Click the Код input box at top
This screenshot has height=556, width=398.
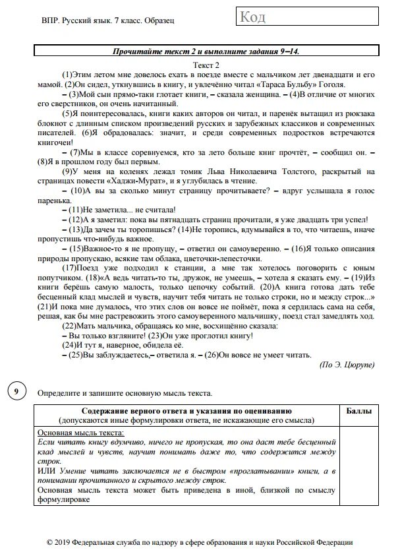tap(295, 18)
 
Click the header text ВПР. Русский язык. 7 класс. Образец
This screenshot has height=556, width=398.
tap(107, 22)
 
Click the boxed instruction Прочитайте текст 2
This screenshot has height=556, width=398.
tap(209, 51)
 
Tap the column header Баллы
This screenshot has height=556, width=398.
tap(359, 411)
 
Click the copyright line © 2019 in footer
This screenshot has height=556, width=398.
tap(199, 541)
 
